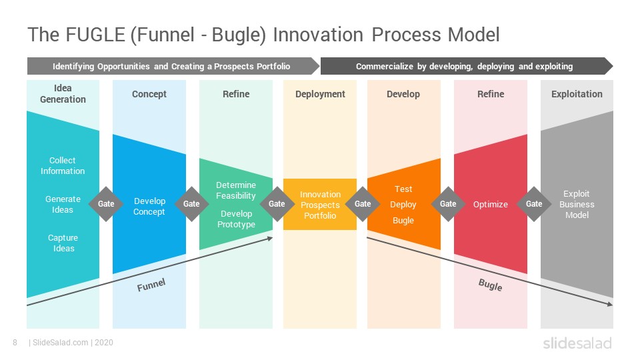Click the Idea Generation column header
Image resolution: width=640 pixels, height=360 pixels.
(63, 93)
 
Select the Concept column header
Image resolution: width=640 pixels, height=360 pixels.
(149, 94)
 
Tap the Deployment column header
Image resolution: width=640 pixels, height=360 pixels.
(320, 94)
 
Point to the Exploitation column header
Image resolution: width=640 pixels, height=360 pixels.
(577, 94)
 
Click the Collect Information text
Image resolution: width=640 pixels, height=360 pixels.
(63, 166)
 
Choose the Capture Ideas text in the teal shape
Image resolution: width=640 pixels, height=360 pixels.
(63, 243)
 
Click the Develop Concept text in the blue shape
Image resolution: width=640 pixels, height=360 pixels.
(149, 206)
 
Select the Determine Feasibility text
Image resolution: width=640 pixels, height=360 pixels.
(236, 190)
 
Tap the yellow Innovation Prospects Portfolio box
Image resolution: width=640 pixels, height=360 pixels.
(320, 204)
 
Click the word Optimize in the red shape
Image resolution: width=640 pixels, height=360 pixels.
(490, 204)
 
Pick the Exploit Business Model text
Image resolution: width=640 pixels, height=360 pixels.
(577, 204)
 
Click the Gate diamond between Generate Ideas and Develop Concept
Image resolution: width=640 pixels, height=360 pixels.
(106, 204)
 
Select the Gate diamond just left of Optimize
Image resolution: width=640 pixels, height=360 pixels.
(448, 204)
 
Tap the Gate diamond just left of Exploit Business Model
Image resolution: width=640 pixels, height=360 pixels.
(534, 204)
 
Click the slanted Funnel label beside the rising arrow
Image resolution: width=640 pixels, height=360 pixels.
(151, 285)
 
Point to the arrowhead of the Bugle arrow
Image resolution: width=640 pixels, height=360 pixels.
(611, 304)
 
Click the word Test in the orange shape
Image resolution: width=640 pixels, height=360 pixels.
(403, 189)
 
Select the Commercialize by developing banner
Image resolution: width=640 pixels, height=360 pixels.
(467, 66)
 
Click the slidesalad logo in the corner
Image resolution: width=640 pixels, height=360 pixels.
(577, 343)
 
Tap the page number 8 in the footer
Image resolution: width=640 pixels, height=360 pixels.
(15, 343)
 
